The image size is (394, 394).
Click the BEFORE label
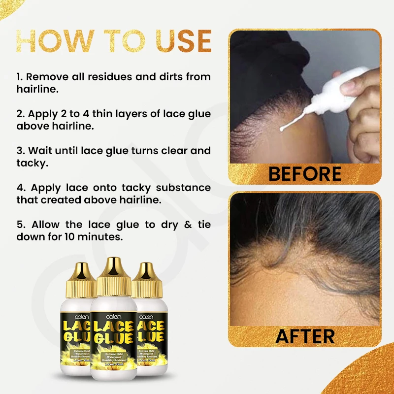(x=305, y=174)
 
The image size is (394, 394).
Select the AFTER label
(x=305, y=336)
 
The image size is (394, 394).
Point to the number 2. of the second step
(x=20, y=114)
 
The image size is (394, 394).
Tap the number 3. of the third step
(x=20, y=151)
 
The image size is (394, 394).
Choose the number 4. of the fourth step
(x=21, y=188)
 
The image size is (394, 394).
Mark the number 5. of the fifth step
(x=20, y=225)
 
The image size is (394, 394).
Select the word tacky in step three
(x=32, y=163)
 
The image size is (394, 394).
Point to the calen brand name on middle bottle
(x=113, y=315)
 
